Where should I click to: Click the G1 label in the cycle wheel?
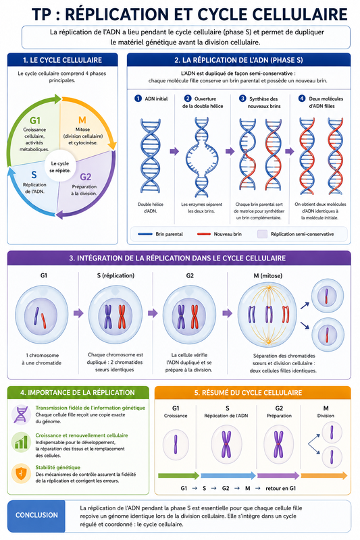35,120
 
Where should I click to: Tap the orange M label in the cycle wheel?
82,120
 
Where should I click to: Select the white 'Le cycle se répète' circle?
60,167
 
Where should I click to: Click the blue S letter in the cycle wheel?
34,175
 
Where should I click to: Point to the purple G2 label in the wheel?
85,177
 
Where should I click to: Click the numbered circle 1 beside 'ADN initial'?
138,99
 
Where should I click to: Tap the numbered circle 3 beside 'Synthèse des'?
242,99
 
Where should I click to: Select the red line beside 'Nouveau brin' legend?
204,234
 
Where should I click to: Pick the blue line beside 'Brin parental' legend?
145,234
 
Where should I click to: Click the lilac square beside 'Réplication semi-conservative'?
263,234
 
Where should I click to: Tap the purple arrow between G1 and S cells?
78,313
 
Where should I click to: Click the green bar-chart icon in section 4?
21,442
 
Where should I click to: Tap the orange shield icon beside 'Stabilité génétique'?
21,474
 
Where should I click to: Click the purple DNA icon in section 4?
21,414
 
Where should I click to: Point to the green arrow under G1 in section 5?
179,476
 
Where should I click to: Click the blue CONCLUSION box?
36,516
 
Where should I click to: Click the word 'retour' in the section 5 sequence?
273,488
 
